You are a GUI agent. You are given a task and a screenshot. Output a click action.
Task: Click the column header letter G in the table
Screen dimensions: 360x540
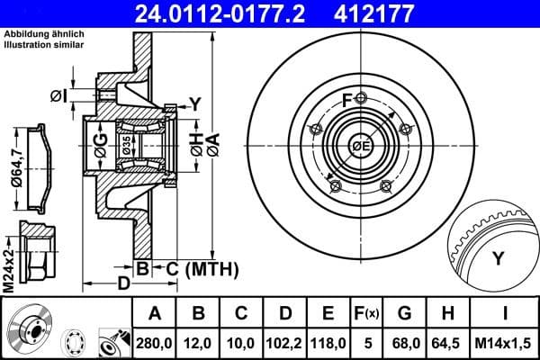click(x=403, y=313)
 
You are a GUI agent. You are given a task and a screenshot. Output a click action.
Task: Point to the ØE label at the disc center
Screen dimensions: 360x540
click(x=362, y=147)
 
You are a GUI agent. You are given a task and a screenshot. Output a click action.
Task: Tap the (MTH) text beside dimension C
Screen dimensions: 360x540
click(x=211, y=268)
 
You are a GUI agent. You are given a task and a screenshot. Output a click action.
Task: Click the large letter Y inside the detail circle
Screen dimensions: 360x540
click(x=498, y=260)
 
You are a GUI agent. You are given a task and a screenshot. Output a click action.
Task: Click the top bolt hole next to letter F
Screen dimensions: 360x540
click(x=361, y=99)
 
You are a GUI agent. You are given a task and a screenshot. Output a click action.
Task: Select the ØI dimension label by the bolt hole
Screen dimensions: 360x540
click(x=58, y=94)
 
